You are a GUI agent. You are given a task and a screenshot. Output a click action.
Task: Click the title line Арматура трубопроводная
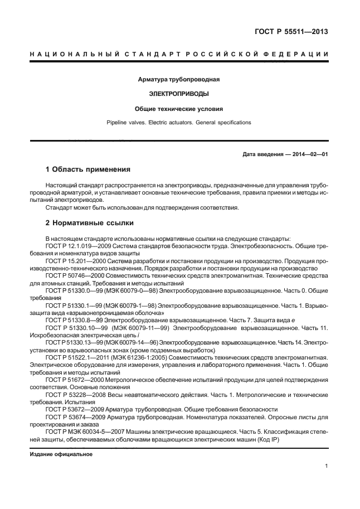click(179, 80)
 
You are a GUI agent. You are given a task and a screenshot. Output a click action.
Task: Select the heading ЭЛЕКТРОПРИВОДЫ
click(179, 94)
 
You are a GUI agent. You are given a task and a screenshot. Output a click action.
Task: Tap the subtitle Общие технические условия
click(179, 109)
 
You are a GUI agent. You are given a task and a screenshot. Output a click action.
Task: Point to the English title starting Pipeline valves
click(179, 122)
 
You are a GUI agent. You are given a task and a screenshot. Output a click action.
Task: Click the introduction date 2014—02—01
click(309, 154)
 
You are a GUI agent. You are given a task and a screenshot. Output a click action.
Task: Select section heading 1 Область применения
click(87, 169)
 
